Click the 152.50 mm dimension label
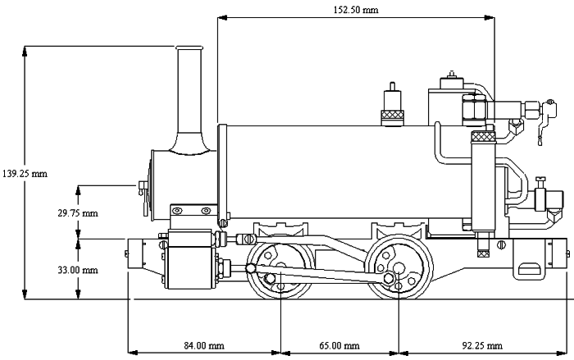tap(356, 11)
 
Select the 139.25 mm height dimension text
tap(25, 174)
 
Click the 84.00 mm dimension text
tap(204, 345)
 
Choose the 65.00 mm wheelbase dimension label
tap(339, 345)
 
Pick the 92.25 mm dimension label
tap(482, 345)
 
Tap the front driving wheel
tap(281, 269)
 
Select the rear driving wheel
tap(399, 267)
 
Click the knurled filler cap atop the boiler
tap(393, 116)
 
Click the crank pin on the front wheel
tap(270, 280)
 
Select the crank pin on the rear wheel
tap(389, 280)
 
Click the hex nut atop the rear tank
tap(474, 107)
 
